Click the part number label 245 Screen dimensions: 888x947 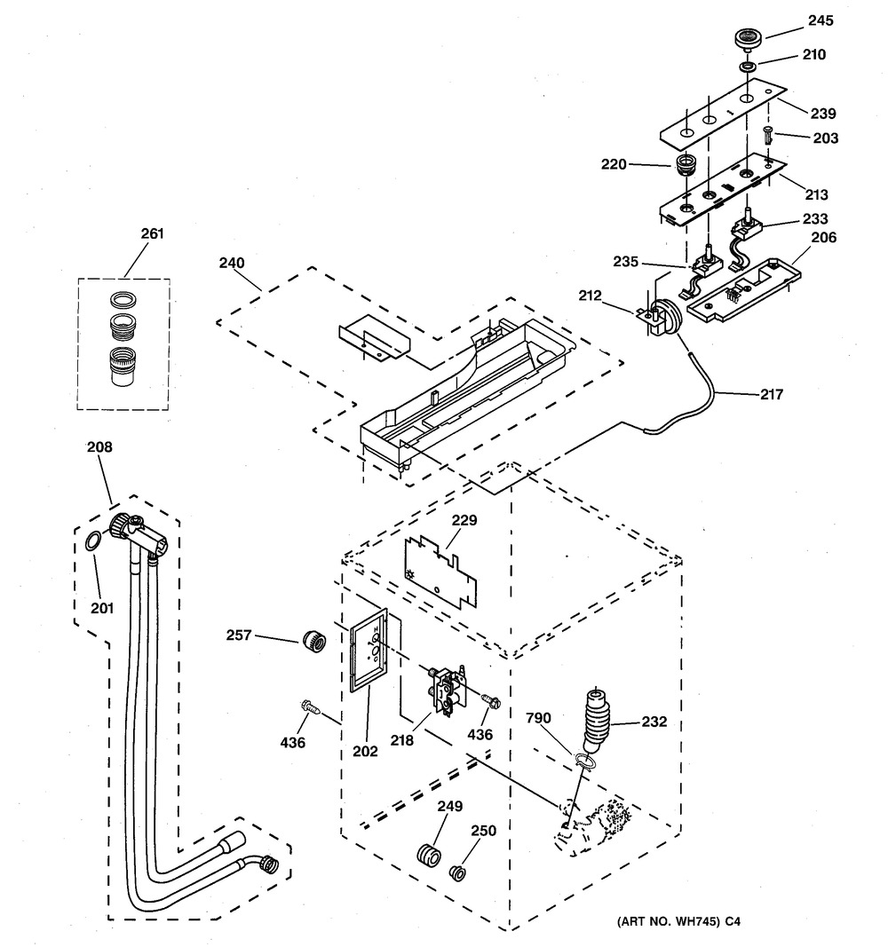pos(821,20)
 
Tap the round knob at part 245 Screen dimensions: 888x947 pos(749,38)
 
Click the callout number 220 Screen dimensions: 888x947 pos(614,164)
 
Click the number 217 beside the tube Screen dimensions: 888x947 pos(772,394)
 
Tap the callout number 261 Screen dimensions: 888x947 pos(152,233)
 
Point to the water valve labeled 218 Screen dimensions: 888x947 pos(447,690)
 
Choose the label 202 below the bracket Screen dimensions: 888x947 pos(366,751)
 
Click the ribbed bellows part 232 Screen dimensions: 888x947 pos(596,720)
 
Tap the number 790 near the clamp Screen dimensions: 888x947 pos(538,717)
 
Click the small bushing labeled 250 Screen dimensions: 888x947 pos(459,872)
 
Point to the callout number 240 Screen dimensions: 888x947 pos(232,263)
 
